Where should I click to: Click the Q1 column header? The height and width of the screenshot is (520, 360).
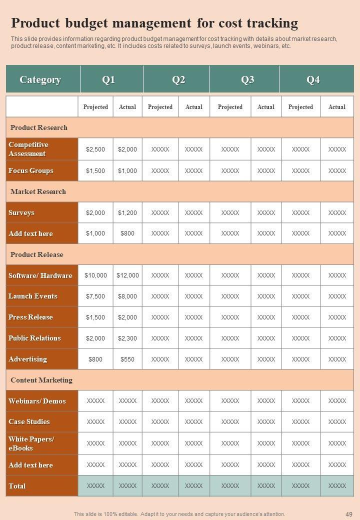109,79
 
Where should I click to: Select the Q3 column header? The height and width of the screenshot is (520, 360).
247,79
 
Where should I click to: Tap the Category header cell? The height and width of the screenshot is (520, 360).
40,79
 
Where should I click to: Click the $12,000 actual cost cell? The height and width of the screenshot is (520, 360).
127,275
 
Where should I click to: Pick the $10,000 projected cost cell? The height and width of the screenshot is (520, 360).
95,275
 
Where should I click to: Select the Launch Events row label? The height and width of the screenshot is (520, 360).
33,296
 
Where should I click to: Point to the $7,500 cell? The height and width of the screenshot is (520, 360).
95,296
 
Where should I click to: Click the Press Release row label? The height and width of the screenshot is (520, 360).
30,317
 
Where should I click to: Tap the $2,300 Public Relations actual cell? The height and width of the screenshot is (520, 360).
127,338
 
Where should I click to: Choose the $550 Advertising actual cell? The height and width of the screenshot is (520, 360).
127,359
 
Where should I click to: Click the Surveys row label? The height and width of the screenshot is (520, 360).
21,212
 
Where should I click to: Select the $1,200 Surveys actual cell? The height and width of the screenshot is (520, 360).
127,213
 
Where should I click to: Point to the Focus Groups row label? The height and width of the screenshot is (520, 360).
31,170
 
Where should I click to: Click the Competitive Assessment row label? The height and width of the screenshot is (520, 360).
28,149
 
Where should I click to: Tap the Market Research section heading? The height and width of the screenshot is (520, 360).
38,191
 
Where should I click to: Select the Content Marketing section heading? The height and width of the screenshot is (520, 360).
41,380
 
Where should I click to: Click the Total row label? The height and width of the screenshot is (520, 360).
17,486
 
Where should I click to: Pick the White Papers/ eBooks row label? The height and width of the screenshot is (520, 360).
31,443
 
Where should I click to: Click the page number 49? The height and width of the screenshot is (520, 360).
348,514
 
